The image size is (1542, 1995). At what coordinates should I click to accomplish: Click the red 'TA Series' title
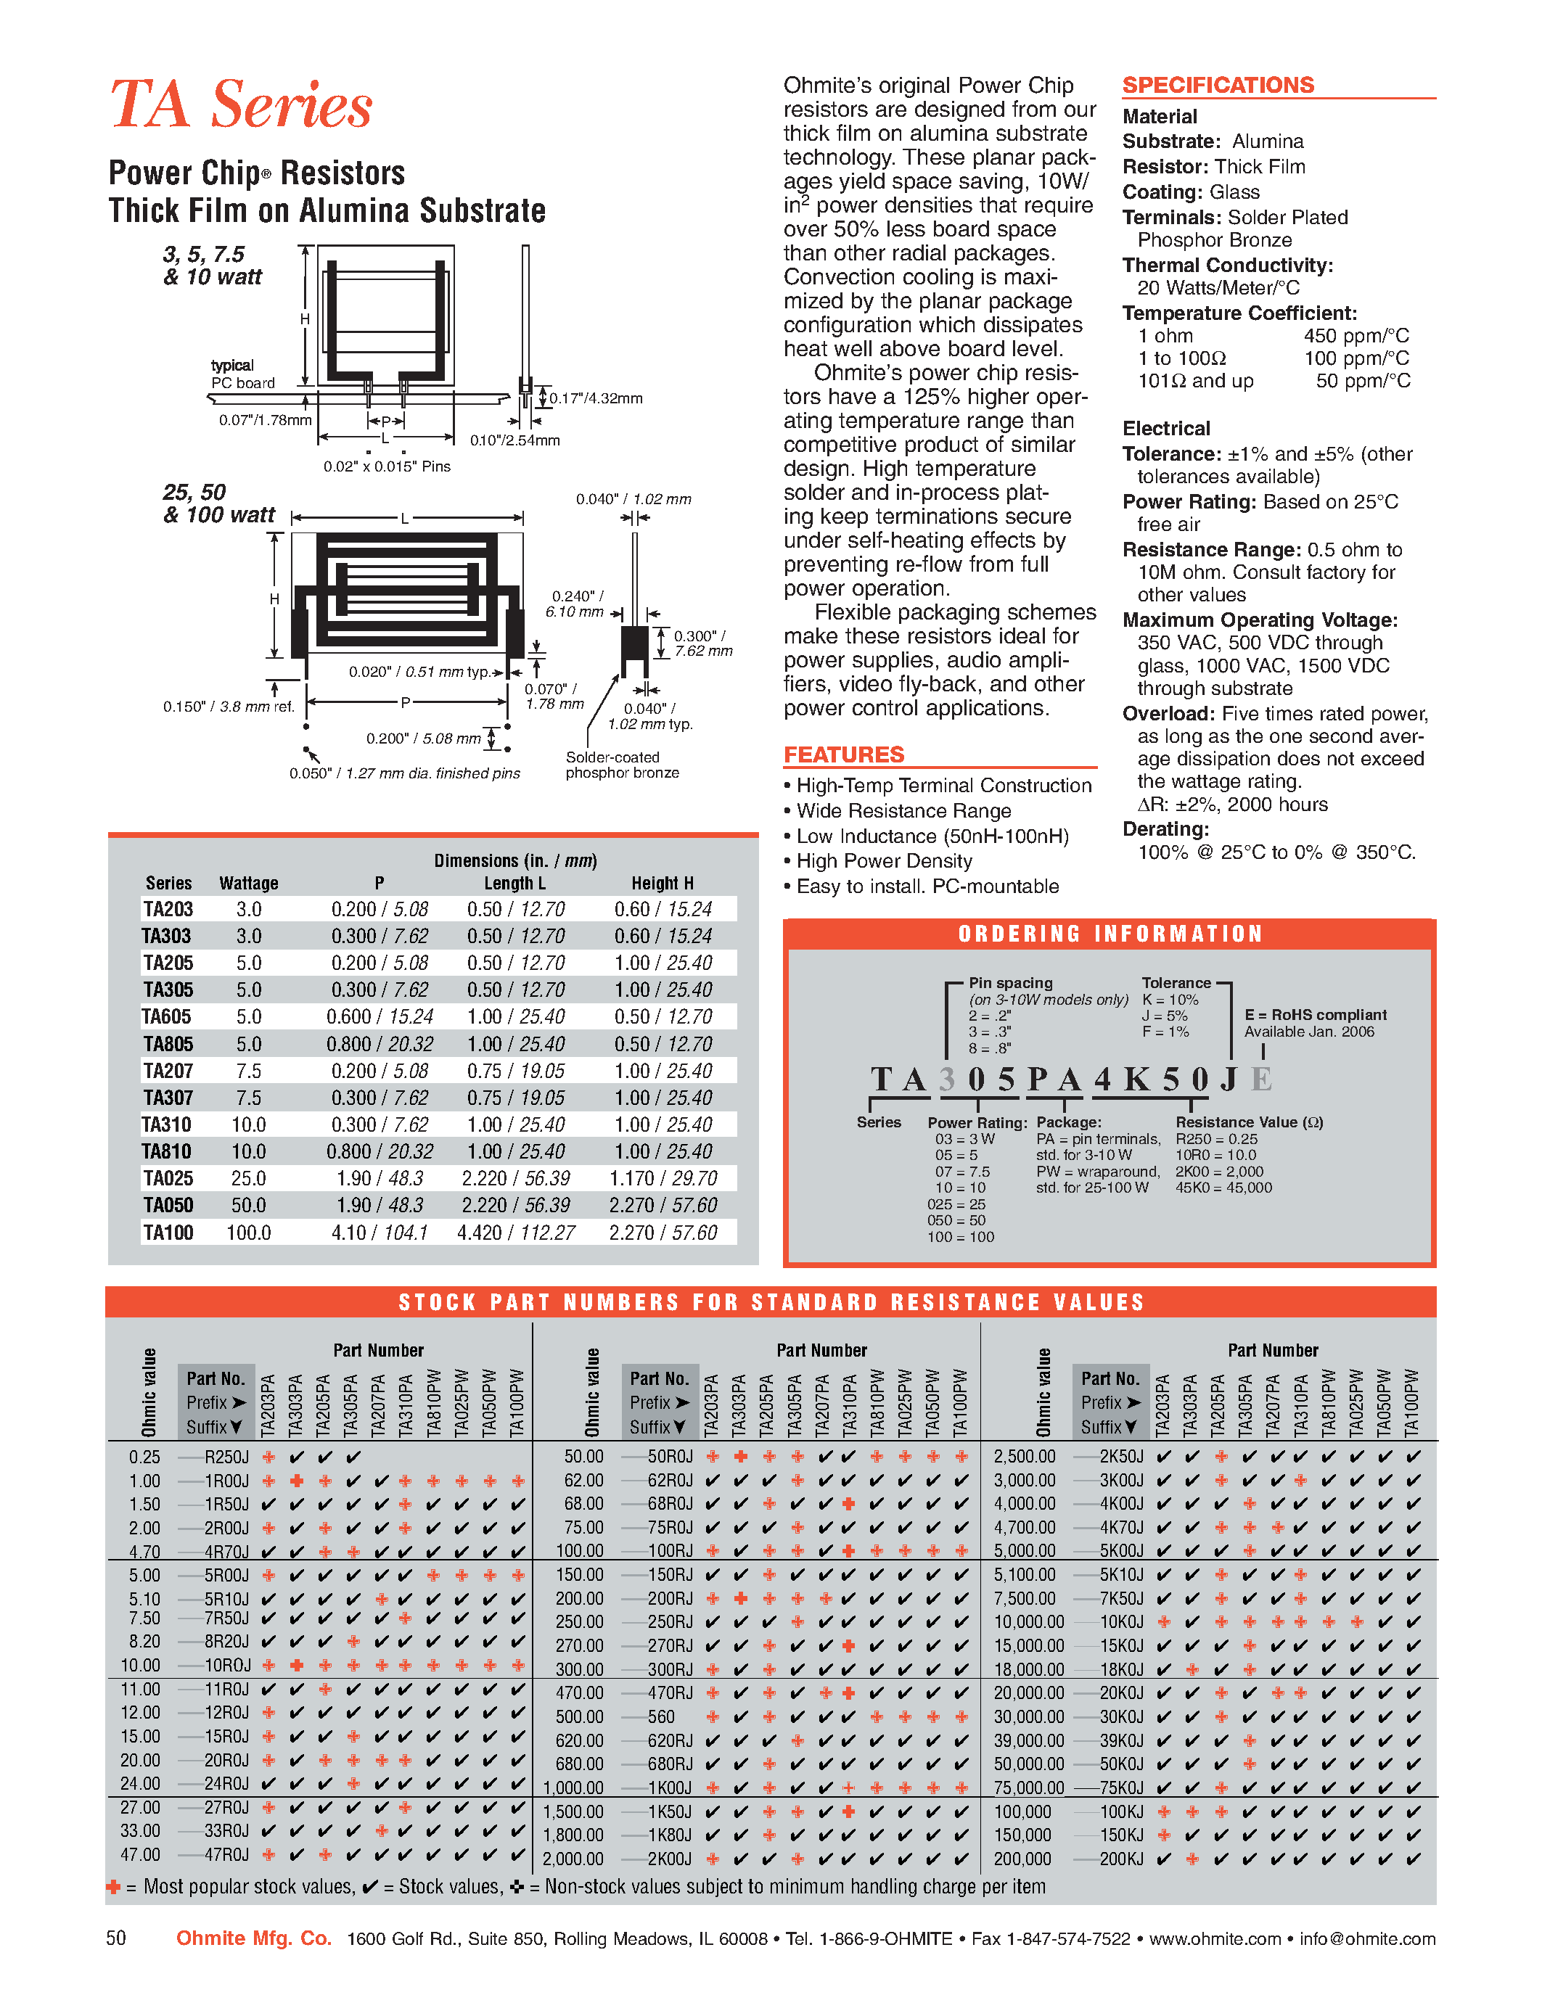point(240,104)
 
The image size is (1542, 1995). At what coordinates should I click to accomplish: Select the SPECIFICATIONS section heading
point(1217,85)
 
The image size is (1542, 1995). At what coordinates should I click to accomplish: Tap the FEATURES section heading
point(843,754)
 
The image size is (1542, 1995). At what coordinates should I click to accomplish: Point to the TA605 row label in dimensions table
point(166,1016)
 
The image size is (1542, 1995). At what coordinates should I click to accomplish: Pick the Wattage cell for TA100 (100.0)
point(248,1233)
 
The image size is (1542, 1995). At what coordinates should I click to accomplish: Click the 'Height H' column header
point(663,884)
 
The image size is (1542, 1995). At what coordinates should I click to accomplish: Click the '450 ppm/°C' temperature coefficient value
point(1356,335)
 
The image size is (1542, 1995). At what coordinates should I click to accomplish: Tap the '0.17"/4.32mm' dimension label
point(596,398)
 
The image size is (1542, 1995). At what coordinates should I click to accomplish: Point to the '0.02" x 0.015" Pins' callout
point(387,466)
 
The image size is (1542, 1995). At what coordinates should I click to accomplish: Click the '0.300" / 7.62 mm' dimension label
point(702,643)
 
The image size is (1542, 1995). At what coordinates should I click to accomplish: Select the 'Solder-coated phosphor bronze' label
point(621,765)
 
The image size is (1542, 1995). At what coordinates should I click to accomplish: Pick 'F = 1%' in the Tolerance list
point(1165,1032)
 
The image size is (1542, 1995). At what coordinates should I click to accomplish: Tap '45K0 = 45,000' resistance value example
point(1223,1188)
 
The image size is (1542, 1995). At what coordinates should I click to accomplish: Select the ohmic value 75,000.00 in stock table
point(1029,1788)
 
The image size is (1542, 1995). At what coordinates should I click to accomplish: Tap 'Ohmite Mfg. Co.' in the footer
point(253,1938)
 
